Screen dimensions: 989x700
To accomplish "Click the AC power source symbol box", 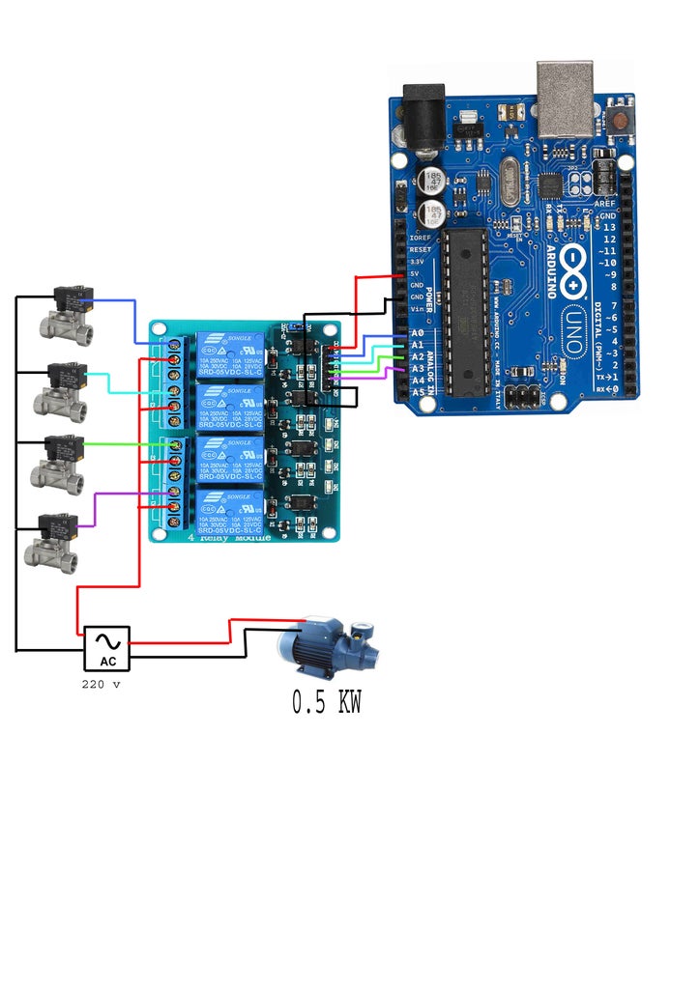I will [x=106, y=647].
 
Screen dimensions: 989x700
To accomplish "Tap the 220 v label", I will [x=101, y=684].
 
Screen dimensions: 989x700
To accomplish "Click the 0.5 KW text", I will [x=327, y=702].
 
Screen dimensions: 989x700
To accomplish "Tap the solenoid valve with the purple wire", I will [x=52, y=541].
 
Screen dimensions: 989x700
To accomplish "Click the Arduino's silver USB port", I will [x=566, y=97].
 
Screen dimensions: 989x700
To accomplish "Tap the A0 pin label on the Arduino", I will [x=418, y=333].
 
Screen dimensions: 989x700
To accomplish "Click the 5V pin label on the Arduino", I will [x=416, y=274].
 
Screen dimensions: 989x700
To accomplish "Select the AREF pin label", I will [x=604, y=204].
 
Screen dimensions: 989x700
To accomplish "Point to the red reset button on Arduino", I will [x=616, y=121].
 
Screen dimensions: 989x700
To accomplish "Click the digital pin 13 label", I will [x=608, y=227].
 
